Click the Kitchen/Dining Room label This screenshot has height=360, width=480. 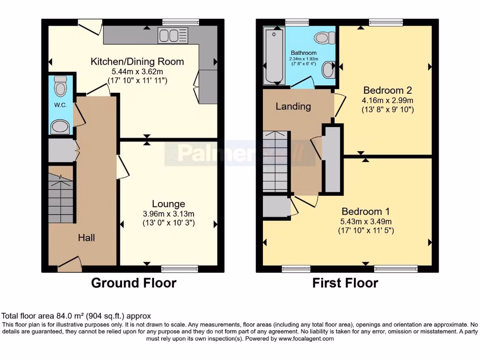137,62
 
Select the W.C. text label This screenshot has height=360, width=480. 61,105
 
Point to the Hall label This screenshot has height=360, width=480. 86,238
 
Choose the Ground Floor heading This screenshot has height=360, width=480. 134,283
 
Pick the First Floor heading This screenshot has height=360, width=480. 345,283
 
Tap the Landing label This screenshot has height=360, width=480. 293,106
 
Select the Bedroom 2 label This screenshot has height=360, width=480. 384,90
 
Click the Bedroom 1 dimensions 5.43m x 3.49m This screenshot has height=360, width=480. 366,221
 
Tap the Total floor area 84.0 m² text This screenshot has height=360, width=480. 76,316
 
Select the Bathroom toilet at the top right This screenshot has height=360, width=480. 325,37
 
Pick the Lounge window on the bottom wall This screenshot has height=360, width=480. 180,269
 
